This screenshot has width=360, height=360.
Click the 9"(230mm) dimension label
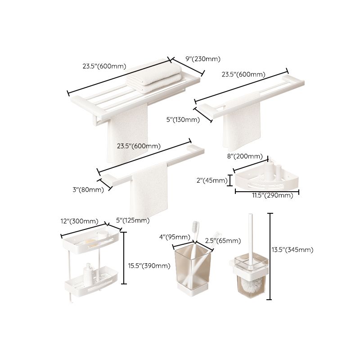pyautogui.click(x=203, y=59)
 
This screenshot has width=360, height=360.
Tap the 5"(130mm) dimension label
pyautogui.click(x=183, y=119)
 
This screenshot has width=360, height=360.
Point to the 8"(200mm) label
pyautogui.click(x=244, y=156)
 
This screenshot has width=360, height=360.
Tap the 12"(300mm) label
pyautogui.click(x=79, y=221)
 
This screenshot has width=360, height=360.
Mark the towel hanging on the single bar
pyautogui.click(x=149, y=189)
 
